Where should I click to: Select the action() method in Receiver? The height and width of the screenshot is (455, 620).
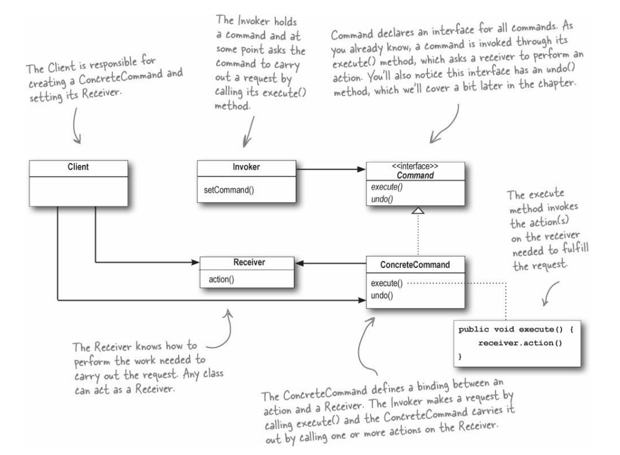click(222, 279)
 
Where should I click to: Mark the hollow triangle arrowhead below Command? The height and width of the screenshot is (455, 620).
click(418, 211)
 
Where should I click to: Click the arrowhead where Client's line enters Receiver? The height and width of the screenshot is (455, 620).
click(195, 262)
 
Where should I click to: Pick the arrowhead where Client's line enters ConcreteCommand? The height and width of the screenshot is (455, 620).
click(362, 298)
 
